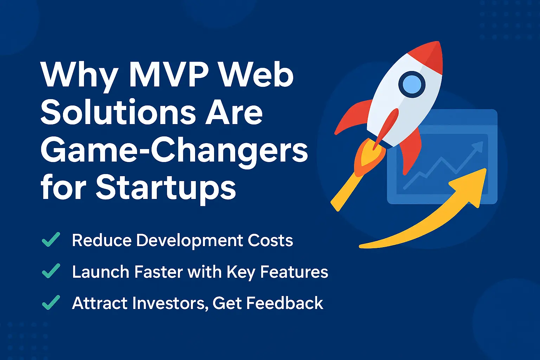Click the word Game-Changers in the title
point(174,151)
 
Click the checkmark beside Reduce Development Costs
point(51,240)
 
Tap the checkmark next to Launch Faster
point(51,272)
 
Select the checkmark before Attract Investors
point(51,303)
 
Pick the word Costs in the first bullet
point(270,241)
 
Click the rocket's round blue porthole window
point(412,84)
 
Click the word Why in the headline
point(79,75)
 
